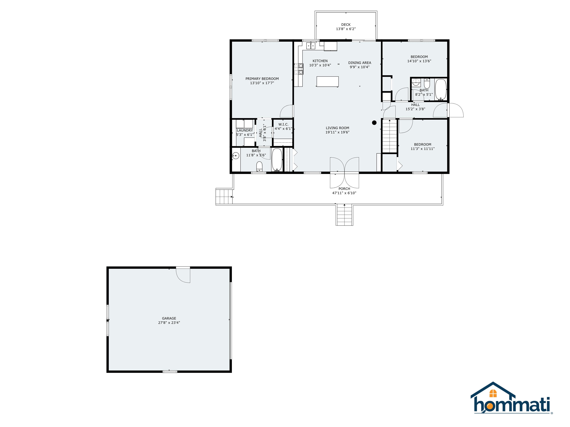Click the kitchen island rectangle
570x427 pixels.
(327, 82)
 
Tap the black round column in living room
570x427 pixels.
(374, 123)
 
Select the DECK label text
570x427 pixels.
(346, 25)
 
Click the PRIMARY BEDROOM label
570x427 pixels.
(262, 79)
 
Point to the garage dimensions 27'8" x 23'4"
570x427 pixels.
(169, 322)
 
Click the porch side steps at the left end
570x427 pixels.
(224, 196)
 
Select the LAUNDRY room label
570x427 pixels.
(245, 130)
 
